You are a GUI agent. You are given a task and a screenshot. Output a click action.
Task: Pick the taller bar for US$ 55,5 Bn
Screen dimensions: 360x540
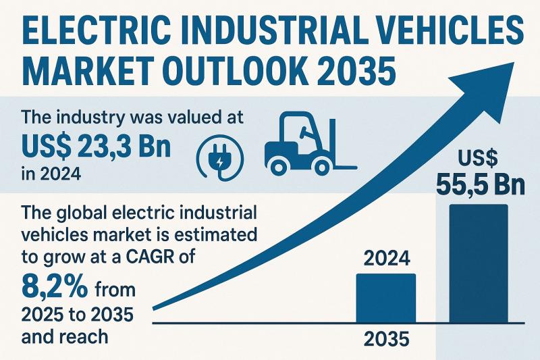(x=478, y=263)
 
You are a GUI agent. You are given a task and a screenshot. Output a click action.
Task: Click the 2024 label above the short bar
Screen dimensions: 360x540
(x=385, y=259)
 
